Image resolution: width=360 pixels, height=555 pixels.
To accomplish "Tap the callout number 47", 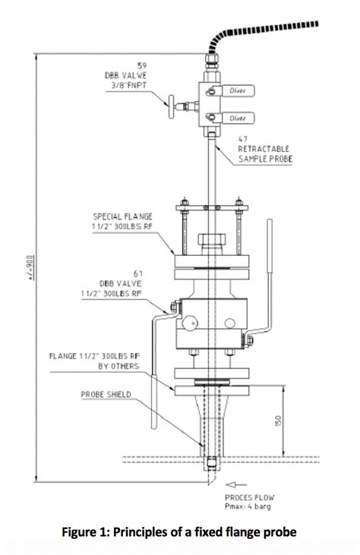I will click(x=243, y=139).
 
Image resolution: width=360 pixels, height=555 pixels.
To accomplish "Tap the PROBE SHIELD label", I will click(x=107, y=394).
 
